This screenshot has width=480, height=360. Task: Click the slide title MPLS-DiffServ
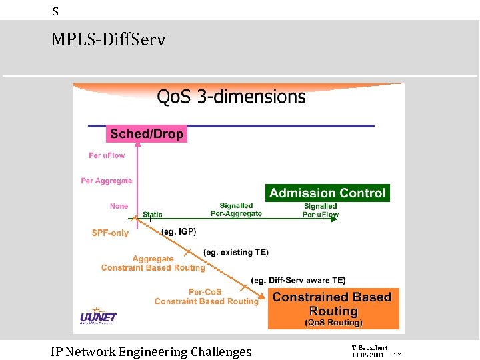[x=108, y=40]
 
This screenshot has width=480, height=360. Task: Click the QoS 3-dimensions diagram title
[x=231, y=97]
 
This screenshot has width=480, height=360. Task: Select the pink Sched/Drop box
[x=147, y=134]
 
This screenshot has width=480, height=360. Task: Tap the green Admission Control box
[x=327, y=193]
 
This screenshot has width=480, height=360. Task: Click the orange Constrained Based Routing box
[x=333, y=309]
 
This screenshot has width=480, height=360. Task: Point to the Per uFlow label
[x=107, y=155]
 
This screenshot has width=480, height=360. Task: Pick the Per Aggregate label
[x=107, y=181]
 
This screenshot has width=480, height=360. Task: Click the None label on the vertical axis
[x=119, y=206]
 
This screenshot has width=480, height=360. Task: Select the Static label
[x=152, y=215]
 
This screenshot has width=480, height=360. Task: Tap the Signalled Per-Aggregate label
[x=237, y=210]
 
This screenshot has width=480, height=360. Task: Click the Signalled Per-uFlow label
[x=321, y=211]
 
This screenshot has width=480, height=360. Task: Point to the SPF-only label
[x=110, y=233]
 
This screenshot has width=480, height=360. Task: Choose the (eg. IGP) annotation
[x=179, y=231]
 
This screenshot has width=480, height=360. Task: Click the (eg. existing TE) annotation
[x=236, y=252]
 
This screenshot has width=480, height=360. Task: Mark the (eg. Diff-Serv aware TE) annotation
[x=298, y=281]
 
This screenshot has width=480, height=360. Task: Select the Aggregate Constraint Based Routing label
[x=153, y=263]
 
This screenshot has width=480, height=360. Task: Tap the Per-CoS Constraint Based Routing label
[x=206, y=297]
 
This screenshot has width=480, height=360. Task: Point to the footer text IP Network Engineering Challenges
[x=151, y=352]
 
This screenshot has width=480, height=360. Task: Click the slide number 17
[x=397, y=355]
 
